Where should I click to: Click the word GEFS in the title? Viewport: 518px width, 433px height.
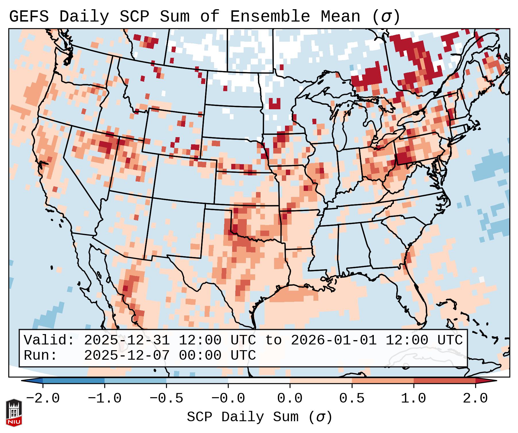[x=29, y=17]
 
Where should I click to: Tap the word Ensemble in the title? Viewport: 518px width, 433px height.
[x=270, y=17]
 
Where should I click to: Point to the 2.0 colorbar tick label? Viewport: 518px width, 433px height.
[x=475, y=398]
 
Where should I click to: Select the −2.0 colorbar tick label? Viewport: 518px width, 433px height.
[x=43, y=398]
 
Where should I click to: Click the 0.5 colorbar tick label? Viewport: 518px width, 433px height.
[x=352, y=398]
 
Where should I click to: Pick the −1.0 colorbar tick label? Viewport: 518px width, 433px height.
[x=105, y=398]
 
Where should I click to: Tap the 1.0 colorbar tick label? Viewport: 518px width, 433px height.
[x=413, y=398]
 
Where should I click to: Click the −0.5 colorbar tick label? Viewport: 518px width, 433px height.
[x=166, y=398]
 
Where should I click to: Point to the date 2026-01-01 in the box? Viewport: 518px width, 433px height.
[x=334, y=340]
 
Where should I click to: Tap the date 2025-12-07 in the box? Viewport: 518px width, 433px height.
[x=127, y=356]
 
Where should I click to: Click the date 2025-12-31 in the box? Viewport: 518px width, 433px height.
[x=127, y=340]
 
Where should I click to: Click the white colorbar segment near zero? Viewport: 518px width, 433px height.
[x=259, y=381]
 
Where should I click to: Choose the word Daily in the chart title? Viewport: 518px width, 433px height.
[x=84, y=17]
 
